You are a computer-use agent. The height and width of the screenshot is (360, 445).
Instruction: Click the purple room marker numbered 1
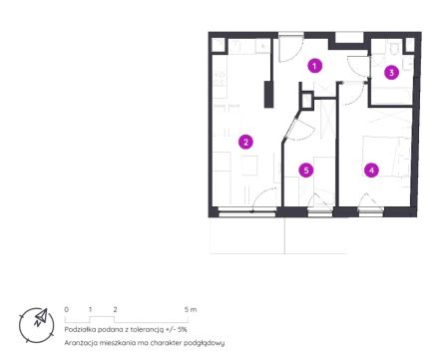click(x=314, y=66)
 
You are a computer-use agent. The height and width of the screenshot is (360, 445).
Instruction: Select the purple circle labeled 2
click(x=245, y=143)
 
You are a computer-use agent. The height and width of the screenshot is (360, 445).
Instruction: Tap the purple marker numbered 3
click(x=391, y=72)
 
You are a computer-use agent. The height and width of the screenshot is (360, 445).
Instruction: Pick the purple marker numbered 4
click(x=371, y=171)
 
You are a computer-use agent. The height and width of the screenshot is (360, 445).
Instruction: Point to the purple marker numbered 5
click(x=306, y=171)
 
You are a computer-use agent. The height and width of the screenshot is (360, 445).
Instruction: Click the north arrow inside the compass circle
click(x=41, y=318)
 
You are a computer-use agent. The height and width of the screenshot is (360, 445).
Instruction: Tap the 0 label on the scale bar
click(x=67, y=309)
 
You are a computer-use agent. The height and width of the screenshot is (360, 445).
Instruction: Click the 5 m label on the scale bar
click(x=191, y=309)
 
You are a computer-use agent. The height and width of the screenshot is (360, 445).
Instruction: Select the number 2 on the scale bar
click(x=115, y=309)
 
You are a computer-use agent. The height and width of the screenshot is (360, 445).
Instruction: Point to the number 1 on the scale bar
click(x=90, y=309)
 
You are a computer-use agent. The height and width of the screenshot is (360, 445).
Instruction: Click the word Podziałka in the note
click(x=78, y=329)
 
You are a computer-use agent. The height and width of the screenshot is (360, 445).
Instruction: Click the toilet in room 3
click(x=394, y=49)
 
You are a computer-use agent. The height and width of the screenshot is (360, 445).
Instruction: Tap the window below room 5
click(x=320, y=212)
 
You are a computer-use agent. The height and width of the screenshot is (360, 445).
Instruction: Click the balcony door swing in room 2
click(x=264, y=198)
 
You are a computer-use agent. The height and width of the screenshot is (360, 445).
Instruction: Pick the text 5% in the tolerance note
click(x=183, y=329)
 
